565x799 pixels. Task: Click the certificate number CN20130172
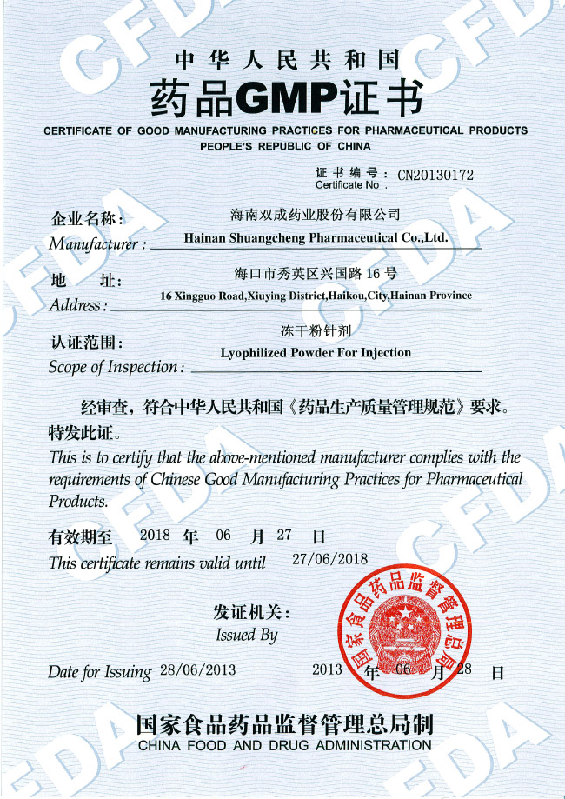[x=435, y=175]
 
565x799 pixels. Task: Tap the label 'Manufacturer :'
[x=96, y=244]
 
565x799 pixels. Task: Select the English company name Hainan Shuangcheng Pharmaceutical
[x=316, y=236]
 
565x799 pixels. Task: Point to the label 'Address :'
[x=78, y=305]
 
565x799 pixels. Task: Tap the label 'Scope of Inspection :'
[x=116, y=367]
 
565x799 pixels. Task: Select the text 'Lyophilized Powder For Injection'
[x=316, y=353]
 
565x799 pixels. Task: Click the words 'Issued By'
[x=247, y=635]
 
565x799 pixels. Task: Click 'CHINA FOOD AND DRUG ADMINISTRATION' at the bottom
[x=284, y=746]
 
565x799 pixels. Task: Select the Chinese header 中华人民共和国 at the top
[x=287, y=60]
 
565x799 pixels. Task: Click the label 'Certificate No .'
[x=348, y=185]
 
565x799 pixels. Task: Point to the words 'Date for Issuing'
[x=99, y=672]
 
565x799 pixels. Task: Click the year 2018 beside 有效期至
[x=155, y=536]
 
